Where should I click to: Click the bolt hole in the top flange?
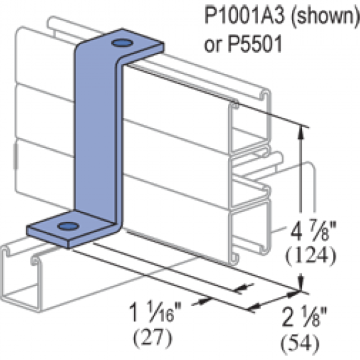click(x=122, y=43)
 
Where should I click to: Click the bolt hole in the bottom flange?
click(x=68, y=226)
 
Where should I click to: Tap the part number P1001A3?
click(x=245, y=15)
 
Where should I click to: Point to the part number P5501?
click(x=255, y=44)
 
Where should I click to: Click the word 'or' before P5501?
click(x=213, y=46)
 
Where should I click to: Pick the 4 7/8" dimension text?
click(x=313, y=231)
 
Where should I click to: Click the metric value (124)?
click(x=311, y=255)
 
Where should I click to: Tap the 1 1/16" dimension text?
click(x=155, y=312)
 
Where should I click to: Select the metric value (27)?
click(x=153, y=337)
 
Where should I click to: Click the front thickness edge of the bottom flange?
click(x=48, y=237)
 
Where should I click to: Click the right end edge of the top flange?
click(x=163, y=47)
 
